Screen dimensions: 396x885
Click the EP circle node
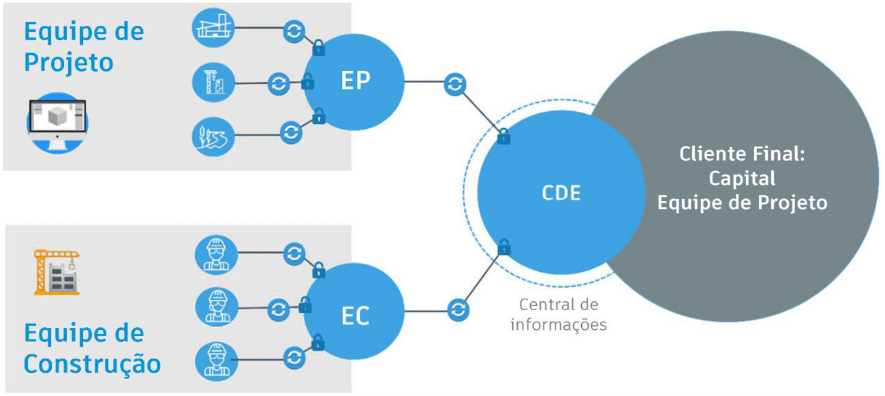pyautogui.click(x=354, y=82)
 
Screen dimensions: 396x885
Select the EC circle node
pyautogui.click(x=354, y=314)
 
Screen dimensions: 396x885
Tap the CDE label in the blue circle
pyautogui.click(x=561, y=193)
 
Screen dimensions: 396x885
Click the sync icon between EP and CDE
pyautogui.click(x=454, y=85)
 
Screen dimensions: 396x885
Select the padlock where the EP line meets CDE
pyautogui.click(x=503, y=136)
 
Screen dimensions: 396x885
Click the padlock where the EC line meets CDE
pyautogui.click(x=504, y=247)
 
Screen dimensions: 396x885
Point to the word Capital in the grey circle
pyautogui.click(x=742, y=178)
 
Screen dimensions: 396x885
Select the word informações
pyautogui.click(x=559, y=324)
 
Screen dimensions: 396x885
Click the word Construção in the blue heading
pyautogui.click(x=93, y=363)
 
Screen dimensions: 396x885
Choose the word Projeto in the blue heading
pyautogui.click(x=68, y=62)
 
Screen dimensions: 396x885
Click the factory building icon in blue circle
pyautogui.click(x=213, y=27)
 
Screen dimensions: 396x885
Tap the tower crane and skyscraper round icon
pyautogui.click(x=213, y=83)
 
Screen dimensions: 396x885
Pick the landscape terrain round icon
pyautogui.click(x=213, y=136)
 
